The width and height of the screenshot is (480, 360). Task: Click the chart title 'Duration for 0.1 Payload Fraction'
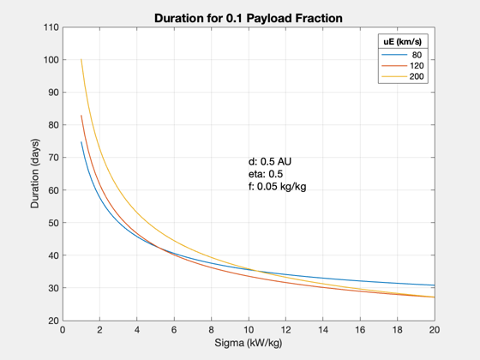tap(249, 18)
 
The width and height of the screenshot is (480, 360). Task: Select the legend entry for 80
tap(402, 55)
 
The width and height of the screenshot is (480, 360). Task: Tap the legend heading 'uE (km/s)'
tap(403, 42)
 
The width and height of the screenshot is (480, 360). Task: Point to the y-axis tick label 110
tap(51, 27)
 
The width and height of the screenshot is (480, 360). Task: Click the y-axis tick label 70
tap(53, 158)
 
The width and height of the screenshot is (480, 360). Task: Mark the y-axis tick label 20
tap(53, 321)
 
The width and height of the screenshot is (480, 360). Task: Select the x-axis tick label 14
tap(323, 330)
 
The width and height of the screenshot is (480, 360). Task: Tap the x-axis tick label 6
tap(174, 330)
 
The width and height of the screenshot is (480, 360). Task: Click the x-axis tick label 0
tap(63, 330)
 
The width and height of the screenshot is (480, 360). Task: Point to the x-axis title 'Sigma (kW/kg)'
tap(249, 343)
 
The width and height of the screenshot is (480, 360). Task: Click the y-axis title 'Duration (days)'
tap(35, 173)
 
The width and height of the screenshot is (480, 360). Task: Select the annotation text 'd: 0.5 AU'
tap(270, 161)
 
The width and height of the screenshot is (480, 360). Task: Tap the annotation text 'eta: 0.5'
tap(266, 174)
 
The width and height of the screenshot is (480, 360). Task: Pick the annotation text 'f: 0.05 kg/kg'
tap(278, 187)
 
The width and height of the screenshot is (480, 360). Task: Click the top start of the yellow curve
tap(81, 59)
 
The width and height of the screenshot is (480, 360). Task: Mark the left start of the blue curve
tap(81, 141)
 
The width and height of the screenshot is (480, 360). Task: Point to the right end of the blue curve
tap(435, 285)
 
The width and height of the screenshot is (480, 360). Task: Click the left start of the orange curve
tap(81, 116)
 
